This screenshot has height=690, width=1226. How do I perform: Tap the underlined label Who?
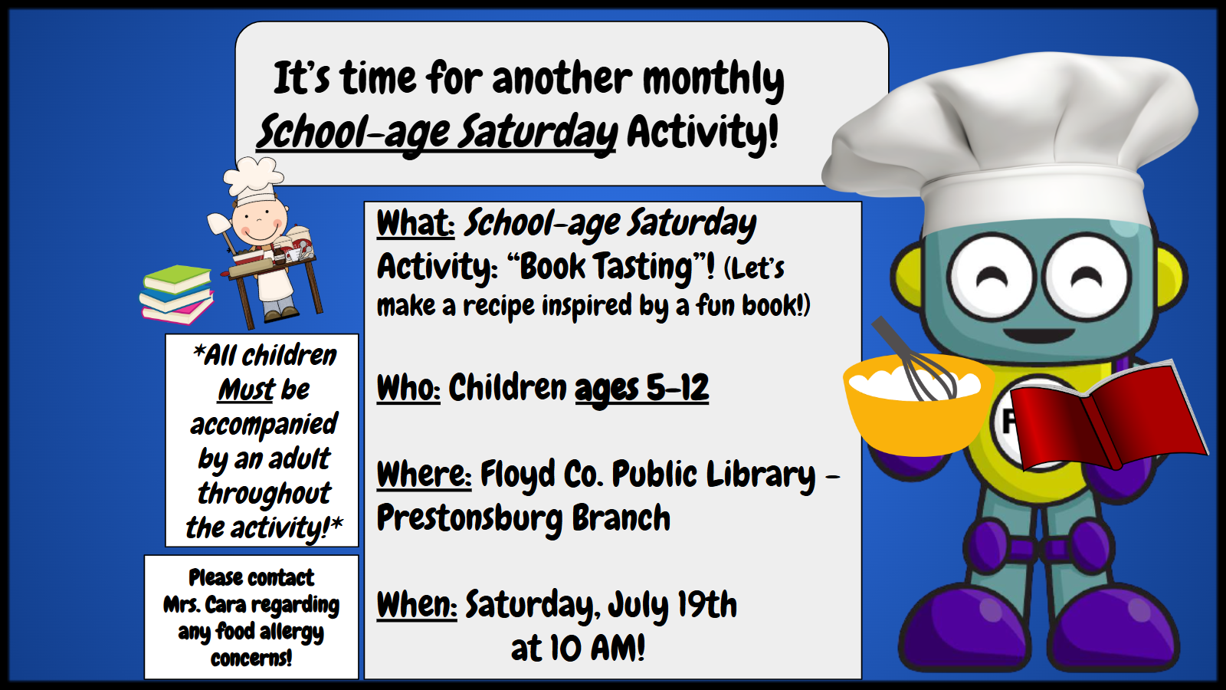pos(408,388)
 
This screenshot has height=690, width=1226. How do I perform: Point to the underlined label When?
pos(417,605)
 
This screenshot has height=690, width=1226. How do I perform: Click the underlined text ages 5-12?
pos(641,389)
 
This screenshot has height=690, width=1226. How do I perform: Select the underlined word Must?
pos(246,390)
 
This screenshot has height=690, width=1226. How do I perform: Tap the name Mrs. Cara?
pos(205,605)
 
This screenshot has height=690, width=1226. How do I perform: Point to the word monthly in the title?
pos(713,80)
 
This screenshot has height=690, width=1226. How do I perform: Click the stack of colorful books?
pos(176,294)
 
